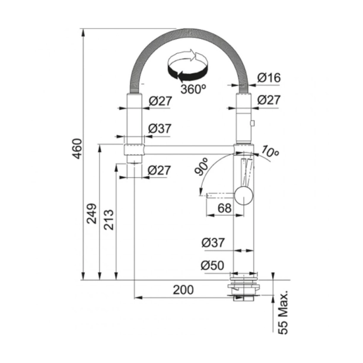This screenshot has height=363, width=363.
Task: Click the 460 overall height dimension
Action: pos(77,149)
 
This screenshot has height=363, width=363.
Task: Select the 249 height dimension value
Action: pos(92,214)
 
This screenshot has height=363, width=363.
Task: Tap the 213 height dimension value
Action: pos(109,219)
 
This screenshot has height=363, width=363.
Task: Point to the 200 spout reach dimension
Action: pos(183,290)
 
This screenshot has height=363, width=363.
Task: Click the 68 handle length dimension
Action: pos(224,208)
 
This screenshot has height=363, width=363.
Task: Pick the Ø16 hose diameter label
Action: pos(269,78)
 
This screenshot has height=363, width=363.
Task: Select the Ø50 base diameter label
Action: pos(212,266)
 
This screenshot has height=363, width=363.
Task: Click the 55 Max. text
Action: pos(283,313)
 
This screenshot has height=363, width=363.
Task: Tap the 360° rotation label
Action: pos(193,89)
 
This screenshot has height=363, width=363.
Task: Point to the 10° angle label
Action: pos(270,151)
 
